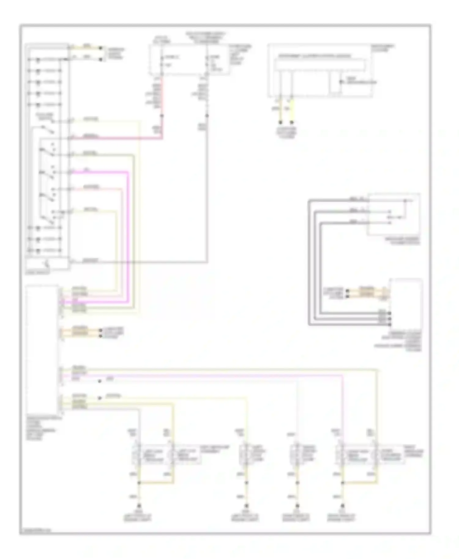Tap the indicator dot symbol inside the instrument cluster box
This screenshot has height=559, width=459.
341,82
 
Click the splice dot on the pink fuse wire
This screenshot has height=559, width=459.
162,116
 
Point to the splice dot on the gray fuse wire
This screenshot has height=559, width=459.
207,116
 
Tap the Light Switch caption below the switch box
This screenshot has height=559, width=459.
37,272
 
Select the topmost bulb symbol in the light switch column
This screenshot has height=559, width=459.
38,59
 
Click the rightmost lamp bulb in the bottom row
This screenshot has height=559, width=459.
375,455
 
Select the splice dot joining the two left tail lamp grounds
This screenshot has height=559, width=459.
139,483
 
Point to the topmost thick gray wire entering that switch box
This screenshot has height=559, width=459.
337,200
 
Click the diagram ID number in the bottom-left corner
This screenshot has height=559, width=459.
35,530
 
